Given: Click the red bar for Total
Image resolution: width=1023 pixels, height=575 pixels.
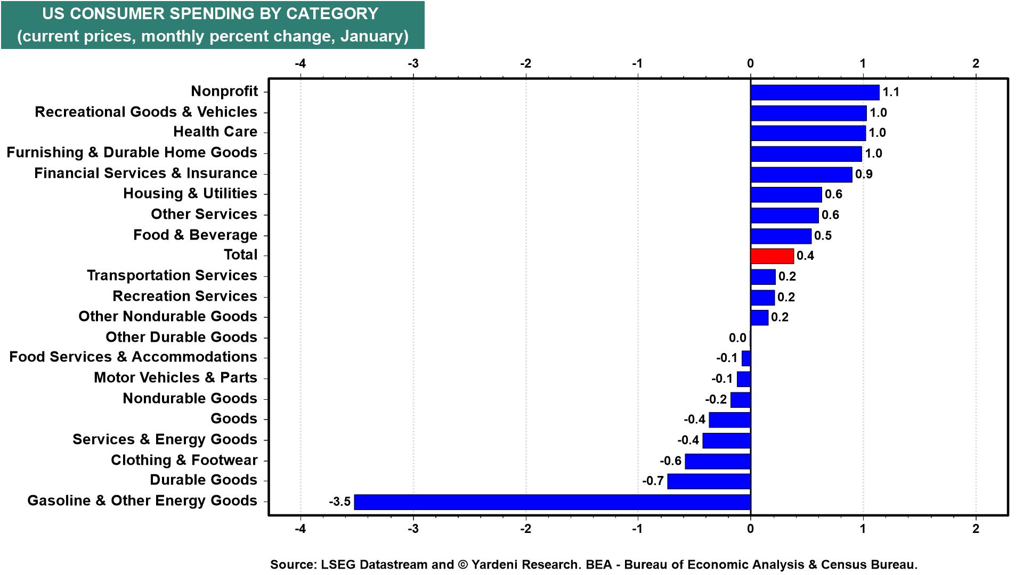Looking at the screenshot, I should [x=772, y=256].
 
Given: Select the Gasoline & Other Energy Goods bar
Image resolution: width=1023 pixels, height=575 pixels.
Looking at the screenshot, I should [x=552, y=502].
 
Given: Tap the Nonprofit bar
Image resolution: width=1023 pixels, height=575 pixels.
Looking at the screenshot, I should [x=815, y=92].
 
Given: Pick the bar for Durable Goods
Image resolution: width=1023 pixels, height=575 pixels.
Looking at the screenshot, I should [x=709, y=481].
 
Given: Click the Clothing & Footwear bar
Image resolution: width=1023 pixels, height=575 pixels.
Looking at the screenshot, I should [x=718, y=461].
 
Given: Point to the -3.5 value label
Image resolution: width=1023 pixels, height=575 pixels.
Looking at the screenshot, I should [x=339, y=502].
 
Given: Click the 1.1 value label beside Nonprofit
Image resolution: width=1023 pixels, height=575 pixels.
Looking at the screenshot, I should [x=890, y=92].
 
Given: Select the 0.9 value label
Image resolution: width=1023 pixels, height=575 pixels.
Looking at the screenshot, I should [x=864, y=174].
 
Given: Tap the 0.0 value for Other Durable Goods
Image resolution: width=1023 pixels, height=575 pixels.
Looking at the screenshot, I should [x=737, y=338].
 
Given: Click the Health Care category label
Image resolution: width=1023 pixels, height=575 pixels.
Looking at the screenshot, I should [x=215, y=132].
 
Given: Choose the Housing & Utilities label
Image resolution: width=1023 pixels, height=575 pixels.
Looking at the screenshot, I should [x=190, y=194].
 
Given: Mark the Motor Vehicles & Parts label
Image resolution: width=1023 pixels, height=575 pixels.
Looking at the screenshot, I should [x=175, y=378].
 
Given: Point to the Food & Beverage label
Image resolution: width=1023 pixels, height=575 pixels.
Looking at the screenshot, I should [x=195, y=235].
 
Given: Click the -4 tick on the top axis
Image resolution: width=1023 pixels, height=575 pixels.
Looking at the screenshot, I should [x=301, y=63].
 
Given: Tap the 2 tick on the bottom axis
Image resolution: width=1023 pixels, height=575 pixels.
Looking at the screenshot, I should [x=976, y=529].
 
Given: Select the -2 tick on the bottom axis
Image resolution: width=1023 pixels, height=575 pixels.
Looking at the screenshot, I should [x=525, y=529].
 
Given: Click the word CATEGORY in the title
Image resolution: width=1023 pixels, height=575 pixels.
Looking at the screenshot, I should [x=324, y=14].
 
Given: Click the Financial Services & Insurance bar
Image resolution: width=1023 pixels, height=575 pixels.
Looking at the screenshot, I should [x=801, y=175].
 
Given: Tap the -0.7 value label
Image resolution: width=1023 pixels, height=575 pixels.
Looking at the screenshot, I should [x=653, y=481].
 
